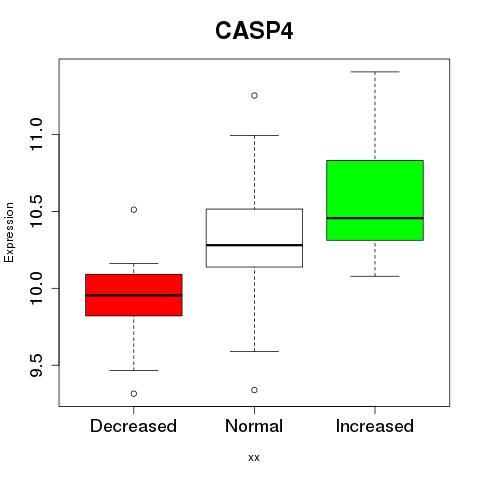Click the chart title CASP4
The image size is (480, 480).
coord(254,31)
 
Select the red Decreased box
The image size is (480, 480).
coord(134,295)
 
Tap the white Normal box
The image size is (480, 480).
coord(254,238)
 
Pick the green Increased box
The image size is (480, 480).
coord(375,200)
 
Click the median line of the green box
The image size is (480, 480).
coord(375,218)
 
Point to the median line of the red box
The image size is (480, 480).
coord(134,295)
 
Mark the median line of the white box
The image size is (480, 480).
coord(254,245)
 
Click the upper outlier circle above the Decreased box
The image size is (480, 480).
coord(134,210)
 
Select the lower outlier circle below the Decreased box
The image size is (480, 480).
coord(134,394)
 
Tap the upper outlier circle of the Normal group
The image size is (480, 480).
coord(254,96)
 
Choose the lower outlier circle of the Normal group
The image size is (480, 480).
coord(254,390)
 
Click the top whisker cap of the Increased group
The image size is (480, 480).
coord(375,72)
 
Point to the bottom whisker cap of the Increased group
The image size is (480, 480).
coord(375,276)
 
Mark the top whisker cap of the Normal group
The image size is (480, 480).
coord(254,135)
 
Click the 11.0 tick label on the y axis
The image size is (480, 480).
coord(36,135)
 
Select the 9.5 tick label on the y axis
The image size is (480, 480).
coord(36,366)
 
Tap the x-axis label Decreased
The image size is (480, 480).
coord(133,426)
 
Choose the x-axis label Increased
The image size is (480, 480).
coord(375,426)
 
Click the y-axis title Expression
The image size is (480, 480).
coord(9,232)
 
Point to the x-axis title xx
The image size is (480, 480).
coord(254,458)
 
